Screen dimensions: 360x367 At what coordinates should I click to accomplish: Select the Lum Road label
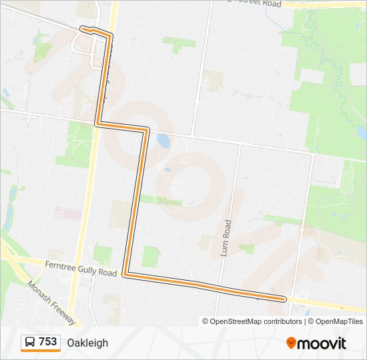point(226,235)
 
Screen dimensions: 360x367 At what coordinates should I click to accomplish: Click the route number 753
point(48,342)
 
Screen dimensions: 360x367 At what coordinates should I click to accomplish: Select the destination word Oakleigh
point(87,343)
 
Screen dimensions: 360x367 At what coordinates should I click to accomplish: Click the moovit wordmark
point(322,343)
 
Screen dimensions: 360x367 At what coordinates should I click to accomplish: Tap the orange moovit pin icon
point(292,343)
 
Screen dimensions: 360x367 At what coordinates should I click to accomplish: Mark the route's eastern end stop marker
point(285,299)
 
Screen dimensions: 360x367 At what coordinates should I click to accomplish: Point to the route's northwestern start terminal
point(83,29)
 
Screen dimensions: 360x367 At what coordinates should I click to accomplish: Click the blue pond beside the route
point(163,140)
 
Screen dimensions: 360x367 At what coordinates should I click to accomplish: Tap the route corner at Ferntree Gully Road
point(125,273)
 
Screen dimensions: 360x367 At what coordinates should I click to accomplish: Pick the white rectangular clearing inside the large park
point(312,76)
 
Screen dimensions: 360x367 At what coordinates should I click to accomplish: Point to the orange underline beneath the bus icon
point(40,351)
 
